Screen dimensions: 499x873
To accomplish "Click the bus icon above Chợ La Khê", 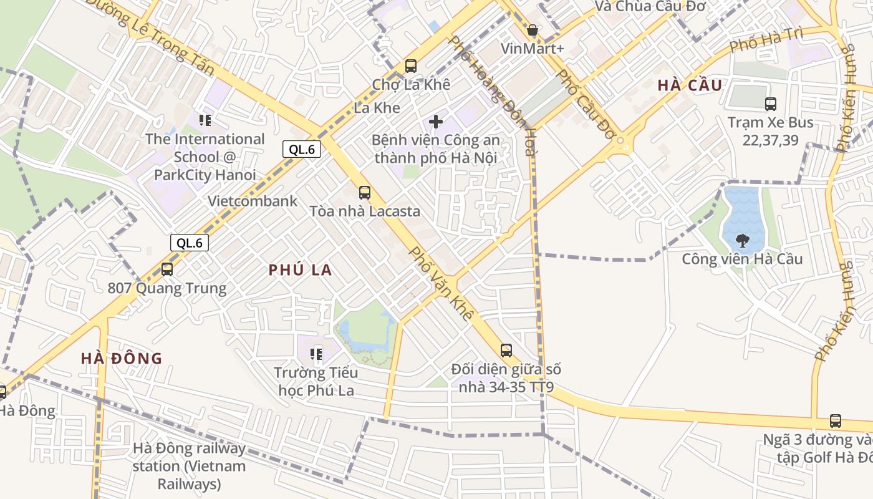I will click(410, 65).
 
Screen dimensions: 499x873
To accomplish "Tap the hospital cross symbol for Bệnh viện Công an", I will click(436, 121).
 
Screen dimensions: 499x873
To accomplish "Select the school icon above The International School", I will click(205, 120).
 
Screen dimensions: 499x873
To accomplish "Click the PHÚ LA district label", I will click(300, 270).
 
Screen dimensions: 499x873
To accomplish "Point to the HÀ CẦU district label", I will click(690, 85).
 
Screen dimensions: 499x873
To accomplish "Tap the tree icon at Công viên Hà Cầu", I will click(742, 240).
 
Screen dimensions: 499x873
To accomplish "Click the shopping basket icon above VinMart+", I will click(533, 30).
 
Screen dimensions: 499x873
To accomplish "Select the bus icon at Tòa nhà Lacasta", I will click(365, 193).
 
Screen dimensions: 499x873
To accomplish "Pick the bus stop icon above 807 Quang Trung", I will click(167, 269).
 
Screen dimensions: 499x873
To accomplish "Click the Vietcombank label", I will click(253, 201).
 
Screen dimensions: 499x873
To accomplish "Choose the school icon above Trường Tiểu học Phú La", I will click(316, 354).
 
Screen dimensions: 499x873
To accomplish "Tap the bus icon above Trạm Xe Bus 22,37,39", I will click(771, 104).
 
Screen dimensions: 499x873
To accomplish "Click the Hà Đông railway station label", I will click(189, 466).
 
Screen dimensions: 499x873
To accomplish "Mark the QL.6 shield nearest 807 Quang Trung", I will click(190, 243).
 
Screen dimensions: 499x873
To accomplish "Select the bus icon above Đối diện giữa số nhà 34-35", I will click(506, 351).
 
